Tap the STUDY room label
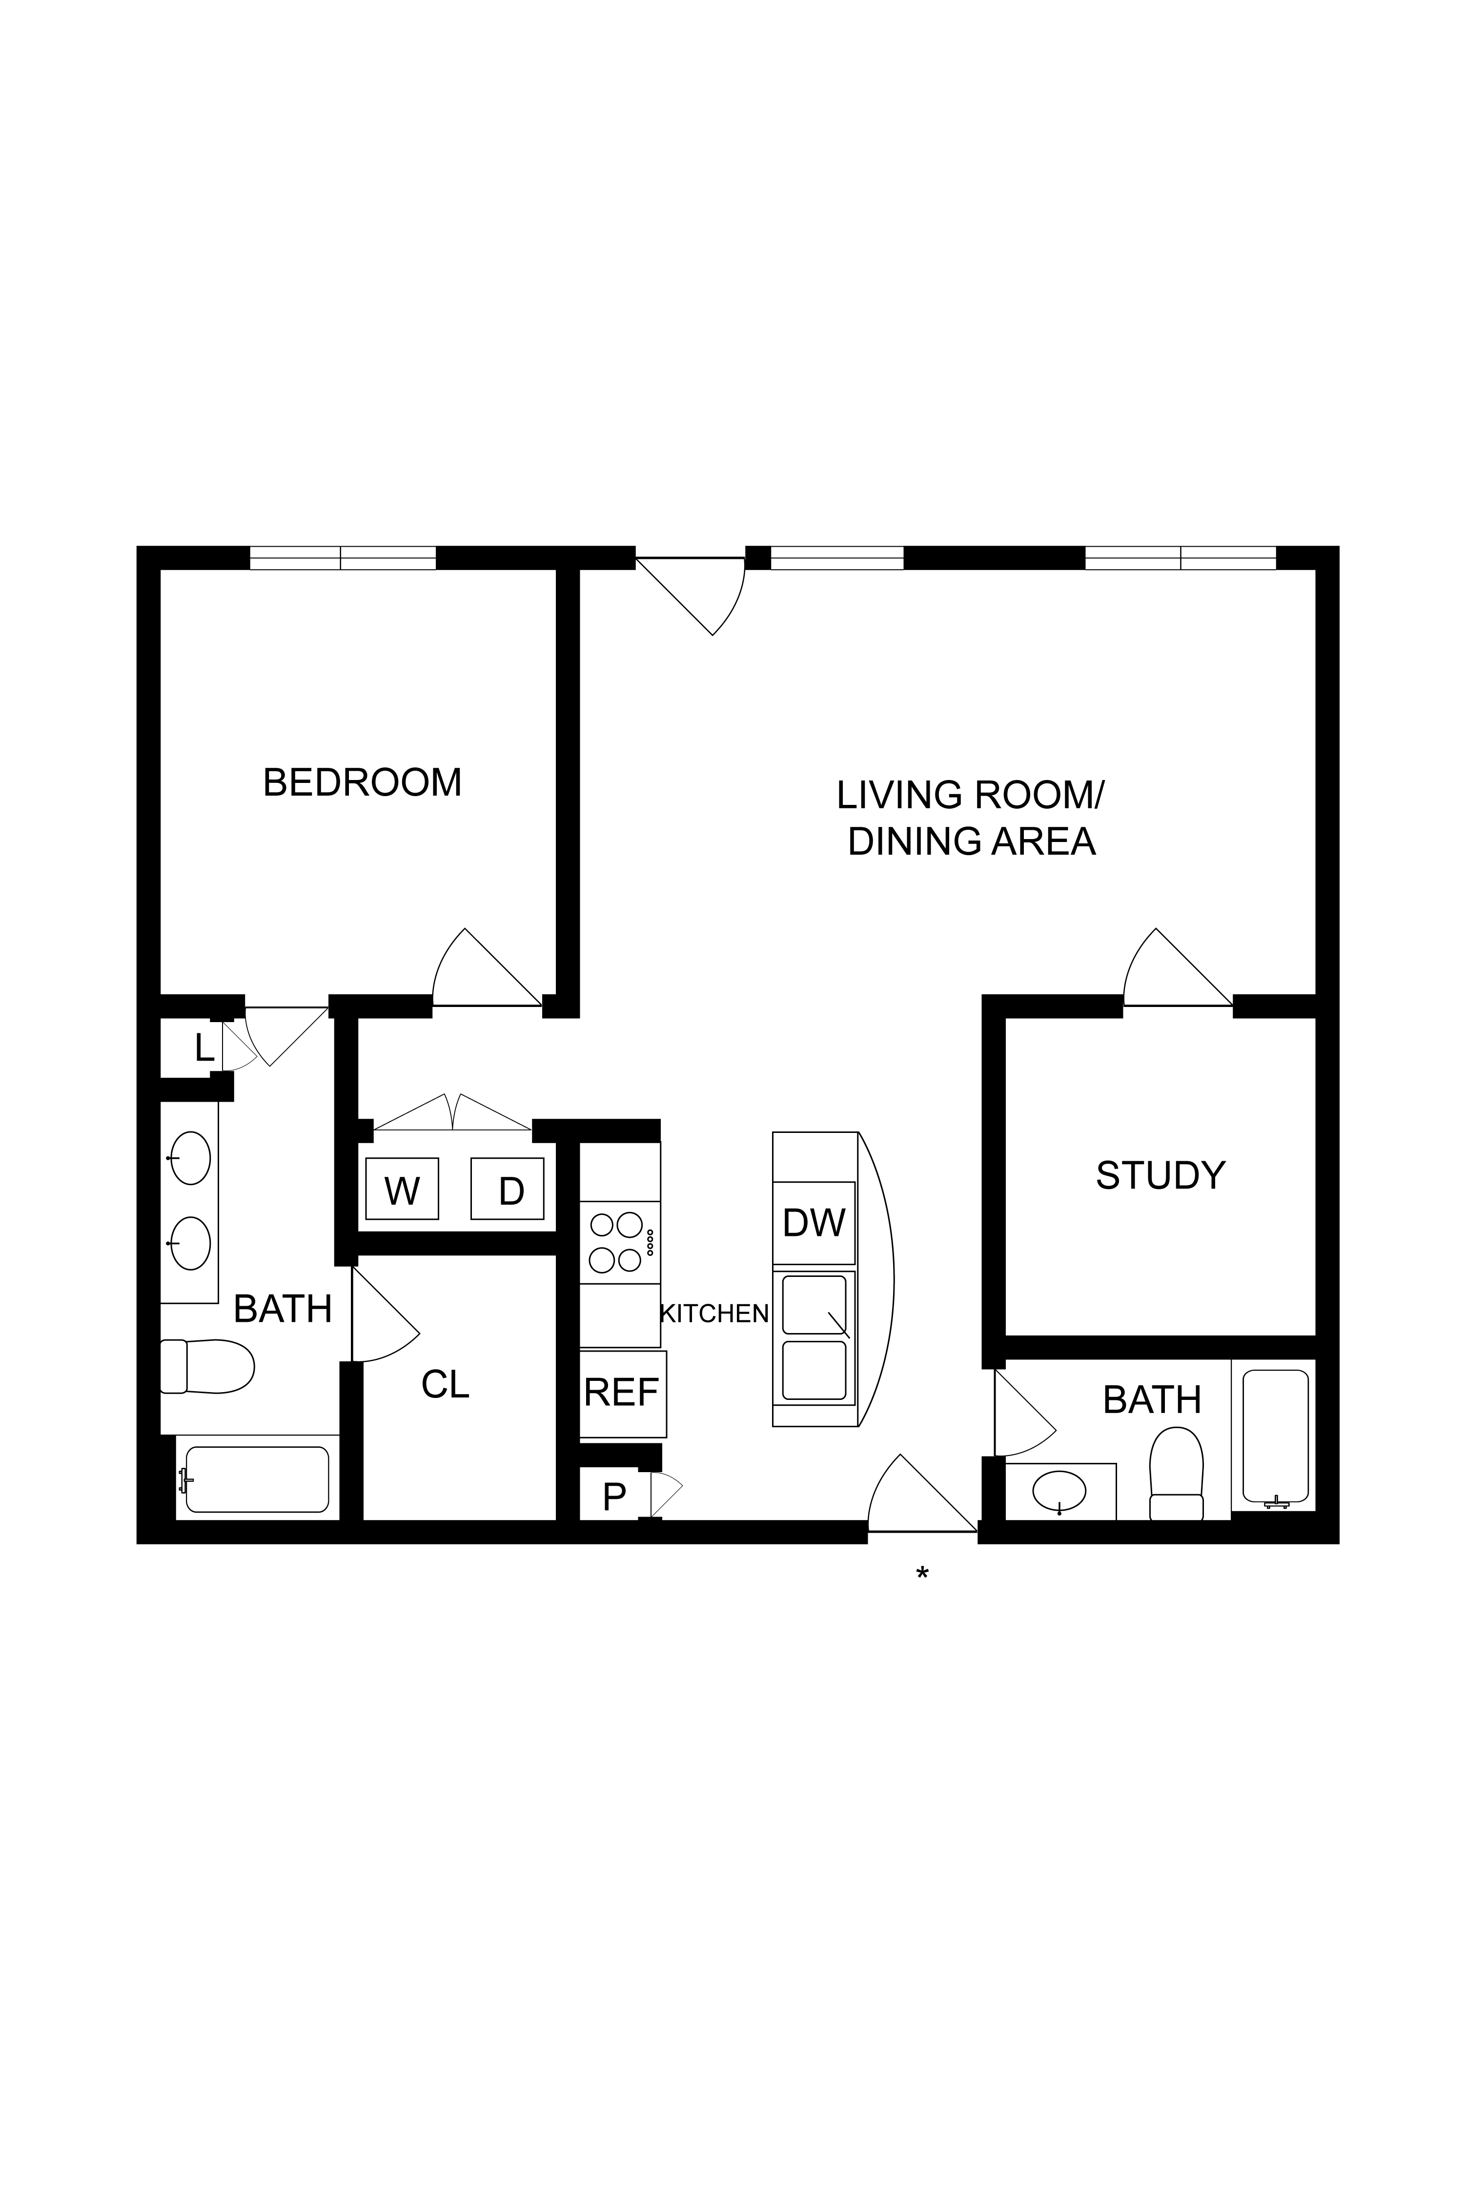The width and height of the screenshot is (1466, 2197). (x=1161, y=1175)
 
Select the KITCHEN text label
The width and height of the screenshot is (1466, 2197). (x=714, y=1314)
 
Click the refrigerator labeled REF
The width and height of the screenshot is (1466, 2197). (x=622, y=1393)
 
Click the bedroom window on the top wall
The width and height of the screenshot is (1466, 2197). (x=342, y=558)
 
